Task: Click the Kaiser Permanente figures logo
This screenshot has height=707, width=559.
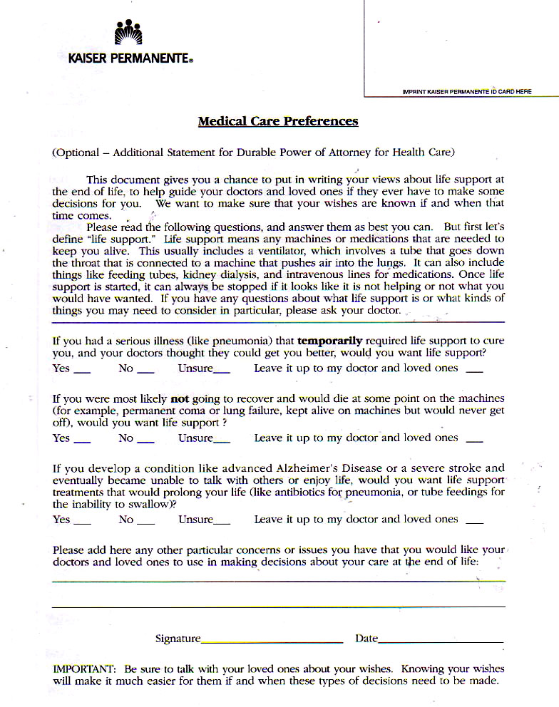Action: coord(128,33)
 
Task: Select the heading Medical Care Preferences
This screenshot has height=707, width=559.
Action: coord(277,121)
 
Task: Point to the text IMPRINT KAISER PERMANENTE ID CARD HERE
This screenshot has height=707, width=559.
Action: coord(467,92)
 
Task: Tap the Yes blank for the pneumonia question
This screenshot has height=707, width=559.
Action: coord(82,371)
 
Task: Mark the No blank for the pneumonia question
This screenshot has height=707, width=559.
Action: coord(145,371)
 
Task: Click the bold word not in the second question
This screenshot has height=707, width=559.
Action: coord(180,398)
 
